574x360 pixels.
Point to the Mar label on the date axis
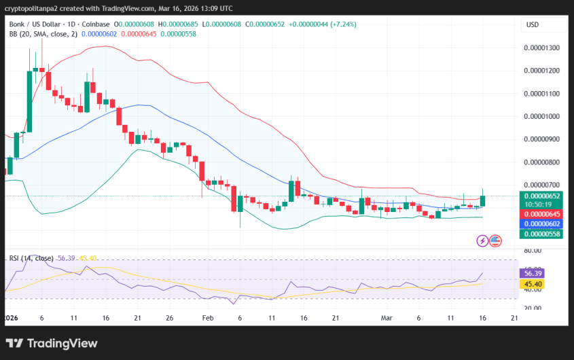(387, 318)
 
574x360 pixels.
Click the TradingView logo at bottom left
(51, 344)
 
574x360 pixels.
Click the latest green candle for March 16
(483, 200)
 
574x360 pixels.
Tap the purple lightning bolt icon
(482, 240)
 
